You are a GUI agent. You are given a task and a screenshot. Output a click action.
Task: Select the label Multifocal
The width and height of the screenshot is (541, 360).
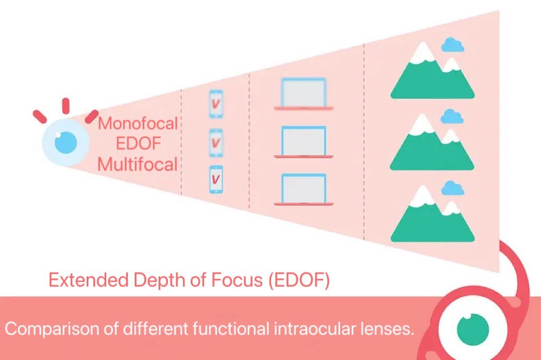click(x=137, y=164)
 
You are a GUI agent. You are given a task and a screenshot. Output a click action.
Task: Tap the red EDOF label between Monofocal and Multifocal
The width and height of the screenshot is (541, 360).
click(x=137, y=144)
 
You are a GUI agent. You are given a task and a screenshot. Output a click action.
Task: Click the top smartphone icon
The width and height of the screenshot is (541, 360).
click(x=216, y=104)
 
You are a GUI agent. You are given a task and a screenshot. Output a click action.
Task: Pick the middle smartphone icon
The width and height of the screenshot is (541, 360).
click(x=216, y=143)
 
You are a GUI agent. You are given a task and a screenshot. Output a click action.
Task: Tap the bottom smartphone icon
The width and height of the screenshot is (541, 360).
click(x=216, y=180)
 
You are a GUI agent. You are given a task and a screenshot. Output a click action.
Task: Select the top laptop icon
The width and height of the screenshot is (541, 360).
click(x=303, y=93)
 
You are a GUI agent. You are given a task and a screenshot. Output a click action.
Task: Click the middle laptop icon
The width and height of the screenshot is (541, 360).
click(x=303, y=141)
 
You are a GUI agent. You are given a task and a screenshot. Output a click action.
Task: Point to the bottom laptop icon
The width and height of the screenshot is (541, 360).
click(x=303, y=190)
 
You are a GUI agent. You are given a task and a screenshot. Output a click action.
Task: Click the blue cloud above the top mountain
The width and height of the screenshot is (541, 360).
click(x=453, y=45)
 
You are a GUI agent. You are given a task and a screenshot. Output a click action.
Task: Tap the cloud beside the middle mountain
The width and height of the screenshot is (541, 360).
click(x=452, y=116)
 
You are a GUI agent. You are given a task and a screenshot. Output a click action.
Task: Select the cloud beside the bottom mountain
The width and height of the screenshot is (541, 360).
click(x=452, y=188)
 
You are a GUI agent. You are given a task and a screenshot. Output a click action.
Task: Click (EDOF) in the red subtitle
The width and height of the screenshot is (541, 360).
click(x=299, y=279)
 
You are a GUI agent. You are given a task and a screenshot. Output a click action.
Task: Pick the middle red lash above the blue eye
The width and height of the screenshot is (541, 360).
click(x=66, y=106)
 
